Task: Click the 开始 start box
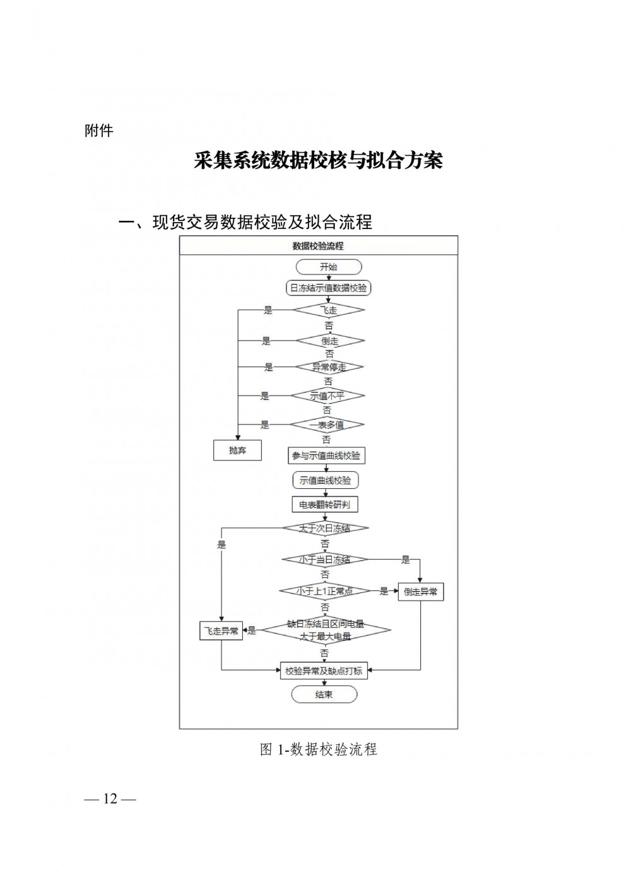328,267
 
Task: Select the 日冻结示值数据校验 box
328,288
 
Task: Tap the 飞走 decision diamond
328,310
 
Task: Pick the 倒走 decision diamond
329,341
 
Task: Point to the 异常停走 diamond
329,367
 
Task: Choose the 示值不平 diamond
327,396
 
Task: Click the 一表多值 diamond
327,425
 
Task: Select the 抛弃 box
237,450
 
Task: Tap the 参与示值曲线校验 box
326,455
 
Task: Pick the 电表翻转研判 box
325,505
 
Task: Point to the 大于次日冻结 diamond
325,529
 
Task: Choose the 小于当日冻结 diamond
325,560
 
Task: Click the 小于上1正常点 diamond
325,591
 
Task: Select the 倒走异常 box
421,592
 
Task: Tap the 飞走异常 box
221,630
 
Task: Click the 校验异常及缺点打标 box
324,671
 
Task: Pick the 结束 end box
324,695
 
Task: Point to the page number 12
110,799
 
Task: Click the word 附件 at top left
98,131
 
